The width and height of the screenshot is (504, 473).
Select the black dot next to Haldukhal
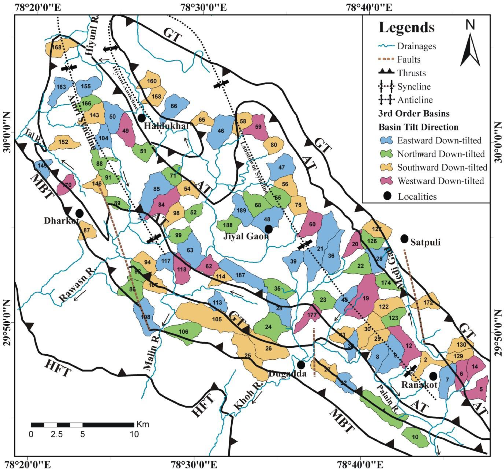[x=142, y=118]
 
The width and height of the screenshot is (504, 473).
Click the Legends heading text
[x=406, y=27]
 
